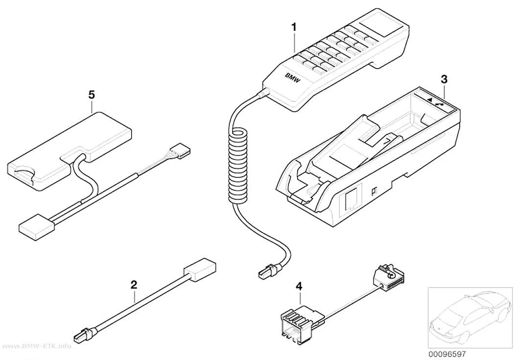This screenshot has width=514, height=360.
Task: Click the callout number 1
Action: click(294, 27)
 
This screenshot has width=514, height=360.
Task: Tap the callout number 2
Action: click(134, 285)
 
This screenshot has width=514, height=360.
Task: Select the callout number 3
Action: click(444, 79)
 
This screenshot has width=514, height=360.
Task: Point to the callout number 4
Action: click(299, 287)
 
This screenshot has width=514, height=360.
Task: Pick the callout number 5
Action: click(92, 95)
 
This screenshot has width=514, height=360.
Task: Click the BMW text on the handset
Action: click(292, 78)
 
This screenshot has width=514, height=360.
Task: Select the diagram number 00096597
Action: click(447, 355)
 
